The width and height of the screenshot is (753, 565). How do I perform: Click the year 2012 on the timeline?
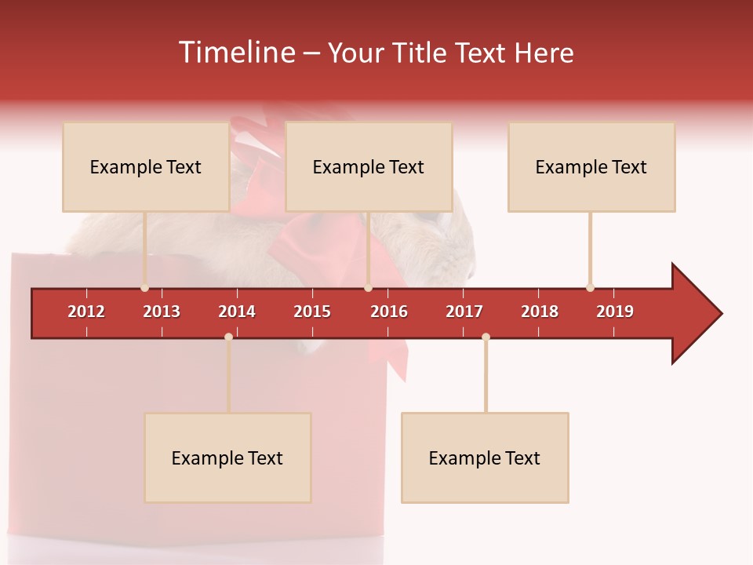[x=86, y=312]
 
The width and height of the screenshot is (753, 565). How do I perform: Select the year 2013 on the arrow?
[x=162, y=312]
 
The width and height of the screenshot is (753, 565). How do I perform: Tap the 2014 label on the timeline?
[x=237, y=312]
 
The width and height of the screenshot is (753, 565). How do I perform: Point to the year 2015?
[x=312, y=312]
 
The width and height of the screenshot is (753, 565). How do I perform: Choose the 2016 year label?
[x=389, y=312]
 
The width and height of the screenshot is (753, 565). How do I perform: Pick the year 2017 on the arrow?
[x=464, y=312]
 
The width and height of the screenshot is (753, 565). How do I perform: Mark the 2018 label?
[x=540, y=312]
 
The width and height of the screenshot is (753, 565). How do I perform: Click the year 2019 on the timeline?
[x=615, y=312]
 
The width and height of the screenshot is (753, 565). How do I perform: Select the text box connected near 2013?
[x=146, y=167]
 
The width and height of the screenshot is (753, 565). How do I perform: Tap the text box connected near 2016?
[x=369, y=167]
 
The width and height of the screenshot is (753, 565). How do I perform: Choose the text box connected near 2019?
[x=591, y=167]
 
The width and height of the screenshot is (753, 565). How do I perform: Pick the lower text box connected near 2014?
[x=227, y=458]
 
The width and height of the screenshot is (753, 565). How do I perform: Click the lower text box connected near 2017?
[x=485, y=458]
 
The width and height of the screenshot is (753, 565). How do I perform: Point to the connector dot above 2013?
[x=144, y=287]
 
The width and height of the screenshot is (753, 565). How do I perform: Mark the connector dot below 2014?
[x=228, y=337]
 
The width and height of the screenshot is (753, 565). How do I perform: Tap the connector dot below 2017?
[x=486, y=337]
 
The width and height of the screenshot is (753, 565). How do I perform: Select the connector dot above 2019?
[x=590, y=287]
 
